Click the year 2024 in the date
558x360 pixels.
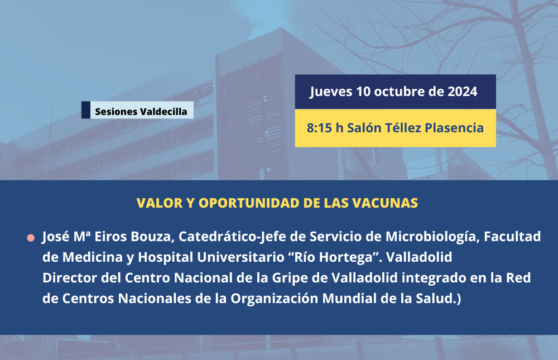462,92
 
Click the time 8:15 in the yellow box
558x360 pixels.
319,128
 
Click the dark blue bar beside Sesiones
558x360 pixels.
86,109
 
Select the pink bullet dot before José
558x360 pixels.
31,238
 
